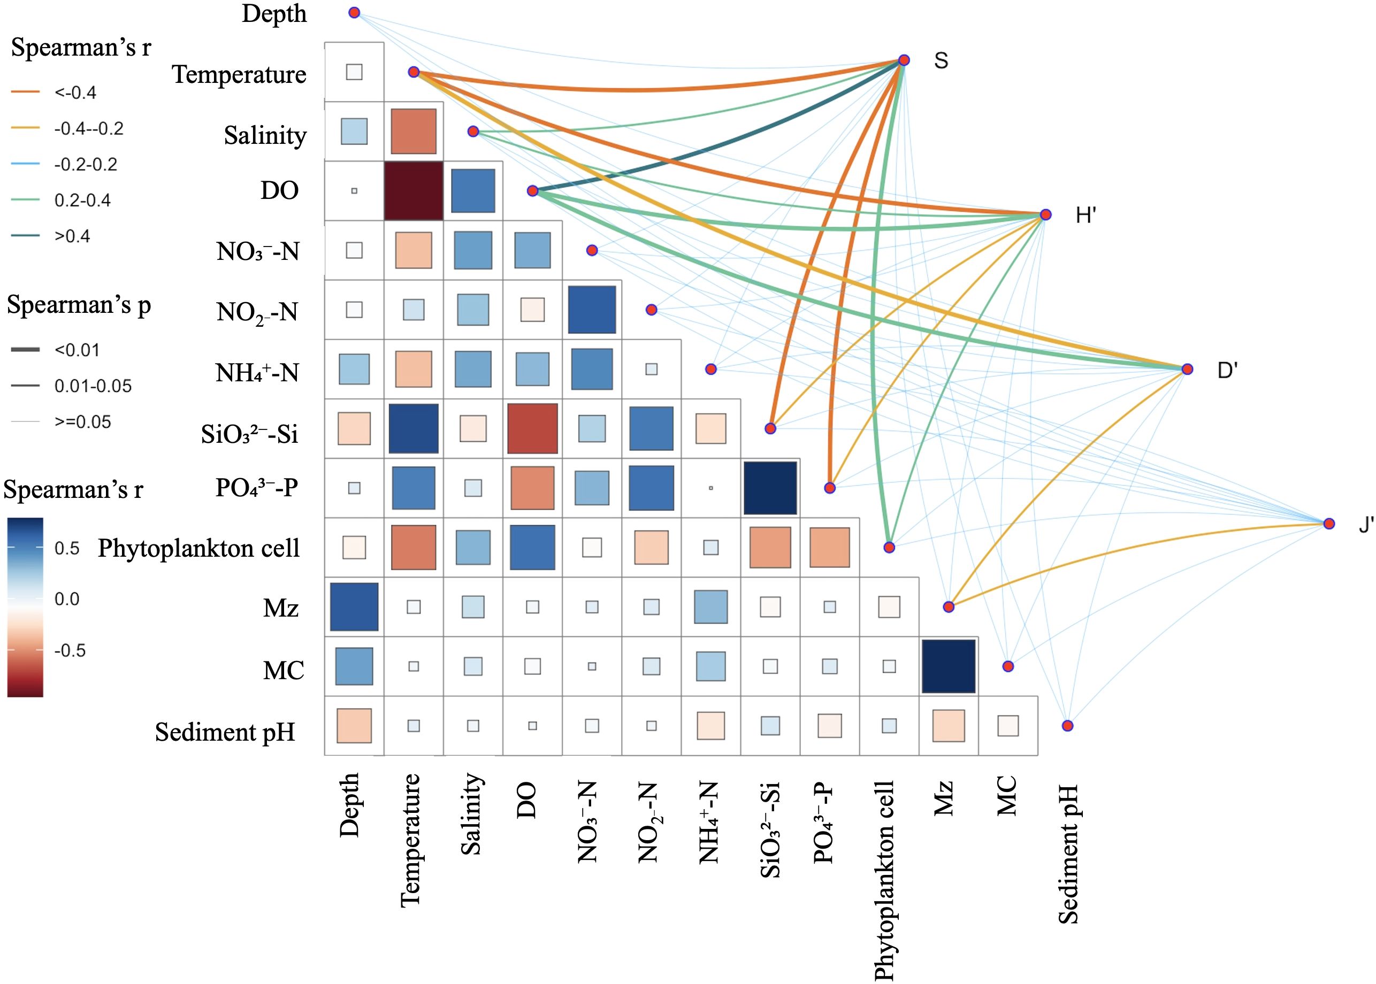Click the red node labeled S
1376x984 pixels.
[x=904, y=60]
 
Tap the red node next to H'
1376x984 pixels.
[x=1045, y=214]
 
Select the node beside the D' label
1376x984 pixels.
[x=1187, y=369]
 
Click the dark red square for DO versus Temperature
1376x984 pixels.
[x=414, y=190]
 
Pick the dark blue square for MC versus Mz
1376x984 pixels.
[x=949, y=666]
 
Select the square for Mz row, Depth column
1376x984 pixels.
[x=354, y=606]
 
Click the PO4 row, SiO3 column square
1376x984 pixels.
[x=770, y=488]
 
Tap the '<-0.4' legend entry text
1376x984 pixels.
[x=75, y=93]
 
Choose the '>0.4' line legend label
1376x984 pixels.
[x=72, y=236]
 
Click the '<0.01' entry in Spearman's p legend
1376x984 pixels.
[x=77, y=350]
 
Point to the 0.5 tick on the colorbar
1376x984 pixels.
[x=67, y=548]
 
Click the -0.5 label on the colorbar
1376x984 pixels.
[x=70, y=651]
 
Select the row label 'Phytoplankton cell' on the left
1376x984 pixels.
[x=199, y=548]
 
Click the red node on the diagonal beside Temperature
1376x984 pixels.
[x=414, y=72]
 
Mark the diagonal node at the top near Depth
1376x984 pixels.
[x=354, y=13]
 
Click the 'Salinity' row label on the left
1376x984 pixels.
[x=265, y=135]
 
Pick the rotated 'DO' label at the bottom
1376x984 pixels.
[x=526, y=800]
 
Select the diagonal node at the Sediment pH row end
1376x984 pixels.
[x=1067, y=725]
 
